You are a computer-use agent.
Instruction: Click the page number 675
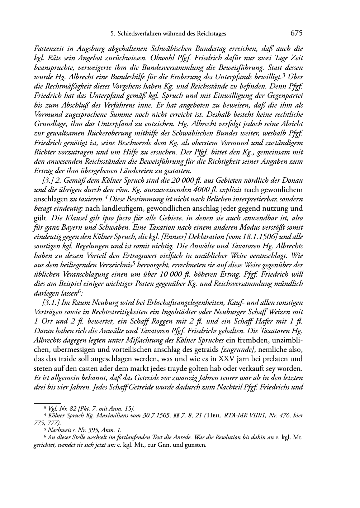(297, 33)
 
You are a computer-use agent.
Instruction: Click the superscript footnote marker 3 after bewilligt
(283, 75)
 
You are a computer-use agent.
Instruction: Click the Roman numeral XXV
(214, 359)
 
